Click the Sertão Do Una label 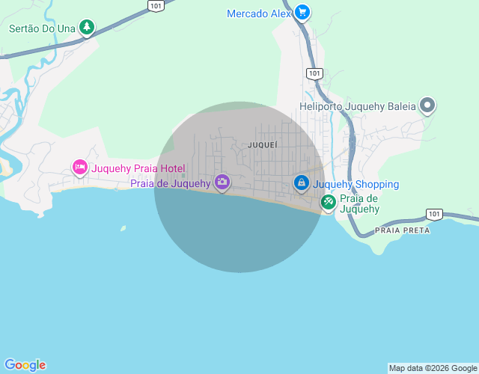point(43,29)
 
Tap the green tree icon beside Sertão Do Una point(88,28)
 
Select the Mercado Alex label point(258,13)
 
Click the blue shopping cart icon point(302,12)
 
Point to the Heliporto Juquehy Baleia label point(357,106)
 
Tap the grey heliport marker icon point(427,105)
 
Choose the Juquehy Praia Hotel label point(138,168)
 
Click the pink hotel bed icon point(80,168)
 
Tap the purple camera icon point(222,182)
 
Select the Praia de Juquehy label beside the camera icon point(171,183)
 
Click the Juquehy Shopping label point(356,184)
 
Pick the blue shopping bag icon point(301,183)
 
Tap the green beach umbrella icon point(329,201)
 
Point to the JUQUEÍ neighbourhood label point(262,144)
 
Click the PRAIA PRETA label point(403,230)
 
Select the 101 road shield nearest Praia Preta point(434,214)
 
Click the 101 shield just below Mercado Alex point(314,73)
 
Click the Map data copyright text point(433,368)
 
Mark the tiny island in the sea point(123,228)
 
